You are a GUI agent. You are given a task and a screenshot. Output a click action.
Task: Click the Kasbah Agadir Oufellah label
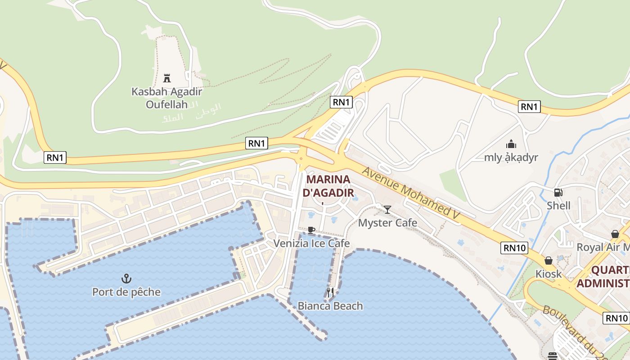166,98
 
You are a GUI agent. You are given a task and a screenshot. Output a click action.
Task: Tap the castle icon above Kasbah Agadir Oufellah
167,78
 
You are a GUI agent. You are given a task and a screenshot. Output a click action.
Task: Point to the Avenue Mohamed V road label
410,193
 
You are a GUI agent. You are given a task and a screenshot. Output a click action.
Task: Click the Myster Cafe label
387,223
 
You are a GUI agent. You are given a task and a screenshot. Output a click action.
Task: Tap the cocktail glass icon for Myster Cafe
387,209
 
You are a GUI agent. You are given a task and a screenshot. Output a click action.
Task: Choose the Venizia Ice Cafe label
311,243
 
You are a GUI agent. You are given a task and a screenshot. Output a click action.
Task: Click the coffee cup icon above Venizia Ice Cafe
311,230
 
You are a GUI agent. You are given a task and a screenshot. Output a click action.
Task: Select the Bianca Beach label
330,306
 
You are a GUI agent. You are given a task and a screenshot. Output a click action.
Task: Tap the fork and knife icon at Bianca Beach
330,292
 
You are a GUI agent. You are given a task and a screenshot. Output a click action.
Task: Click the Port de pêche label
126,292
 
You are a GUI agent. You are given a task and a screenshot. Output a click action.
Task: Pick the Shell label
558,206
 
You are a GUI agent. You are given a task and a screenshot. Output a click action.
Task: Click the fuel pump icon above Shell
558,193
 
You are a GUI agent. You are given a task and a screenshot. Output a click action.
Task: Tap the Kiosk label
549,274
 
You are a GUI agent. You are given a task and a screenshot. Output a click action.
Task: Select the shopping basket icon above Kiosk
549,261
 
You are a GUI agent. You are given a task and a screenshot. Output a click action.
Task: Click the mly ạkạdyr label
511,157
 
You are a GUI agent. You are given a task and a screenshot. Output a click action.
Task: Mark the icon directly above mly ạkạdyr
511,144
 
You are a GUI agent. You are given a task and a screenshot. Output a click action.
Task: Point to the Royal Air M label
603,247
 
